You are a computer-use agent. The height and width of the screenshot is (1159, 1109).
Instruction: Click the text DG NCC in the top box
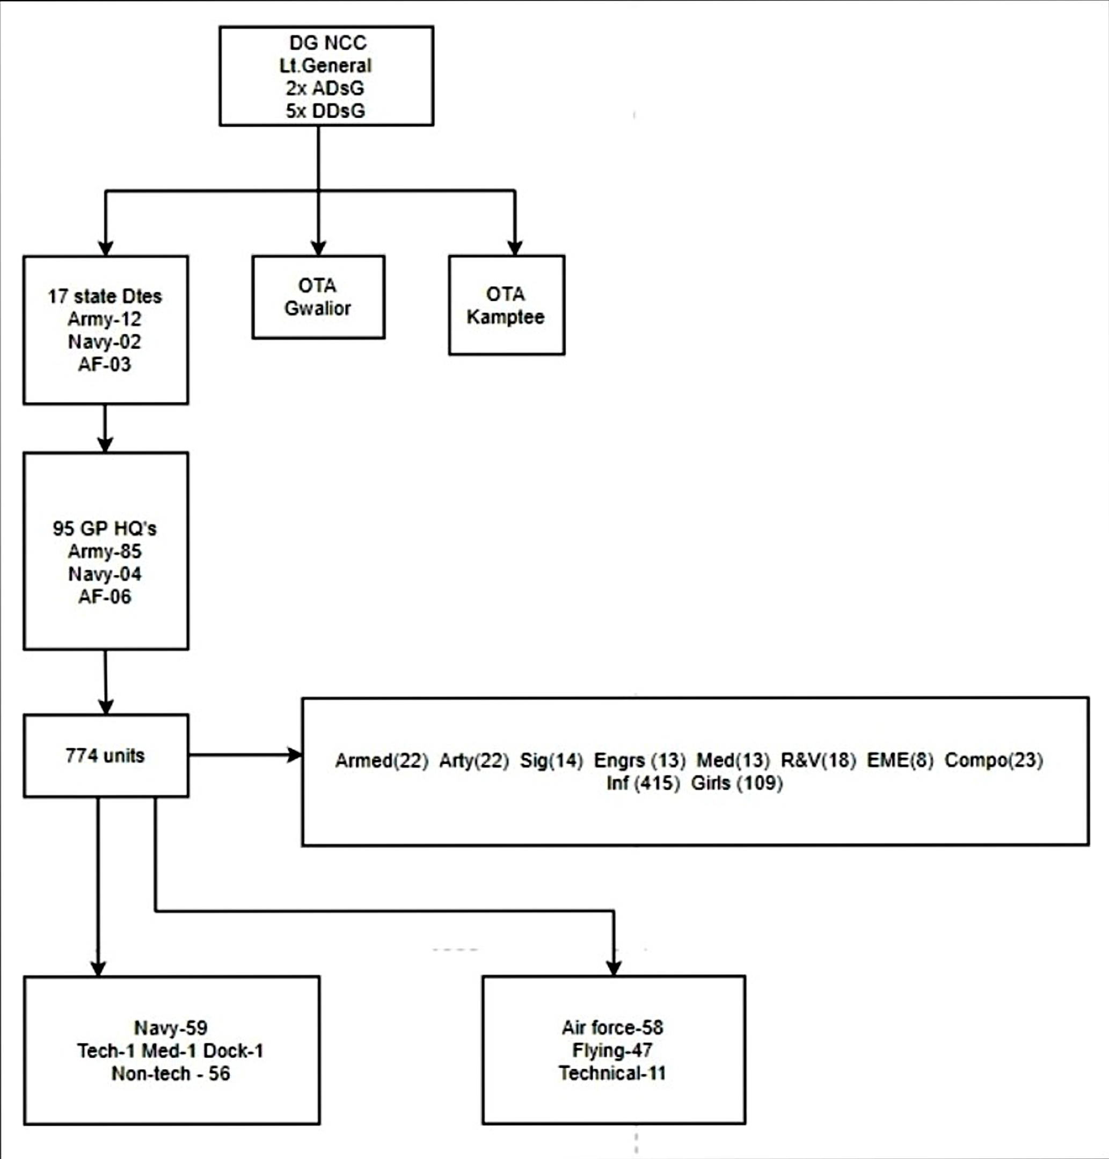[327, 42]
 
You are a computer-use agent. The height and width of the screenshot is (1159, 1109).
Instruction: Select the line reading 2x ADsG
[325, 88]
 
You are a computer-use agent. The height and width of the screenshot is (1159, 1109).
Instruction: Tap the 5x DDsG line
[325, 111]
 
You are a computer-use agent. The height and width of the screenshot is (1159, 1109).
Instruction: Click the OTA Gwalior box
[318, 297]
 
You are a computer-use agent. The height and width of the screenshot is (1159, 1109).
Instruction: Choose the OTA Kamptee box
[506, 305]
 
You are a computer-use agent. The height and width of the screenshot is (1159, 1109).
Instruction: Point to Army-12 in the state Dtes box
[105, 320]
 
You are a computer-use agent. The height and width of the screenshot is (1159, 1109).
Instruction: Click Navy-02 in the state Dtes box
[105, 342]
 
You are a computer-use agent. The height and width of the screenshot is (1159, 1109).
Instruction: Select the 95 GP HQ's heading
[105, 528]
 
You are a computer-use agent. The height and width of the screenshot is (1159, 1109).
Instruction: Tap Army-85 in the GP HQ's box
[105, 551]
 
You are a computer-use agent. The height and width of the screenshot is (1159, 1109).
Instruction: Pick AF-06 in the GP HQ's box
[105, 597]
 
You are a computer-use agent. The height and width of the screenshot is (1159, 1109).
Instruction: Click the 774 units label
[105, 755]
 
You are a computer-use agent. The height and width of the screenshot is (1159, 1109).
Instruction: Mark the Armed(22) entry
[381, 760]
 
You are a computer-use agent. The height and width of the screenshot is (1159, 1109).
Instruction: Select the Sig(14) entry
[551, 760]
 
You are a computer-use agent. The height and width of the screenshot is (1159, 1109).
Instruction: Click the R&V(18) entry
[818, 760]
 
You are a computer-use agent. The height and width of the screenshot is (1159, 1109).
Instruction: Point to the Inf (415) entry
[643, 783]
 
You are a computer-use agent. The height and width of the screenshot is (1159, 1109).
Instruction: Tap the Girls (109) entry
[736, 783]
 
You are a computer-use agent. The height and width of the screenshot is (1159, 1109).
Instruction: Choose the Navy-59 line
[171, 1028]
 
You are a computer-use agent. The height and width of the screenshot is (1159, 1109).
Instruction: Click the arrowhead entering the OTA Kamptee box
[515, 248]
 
